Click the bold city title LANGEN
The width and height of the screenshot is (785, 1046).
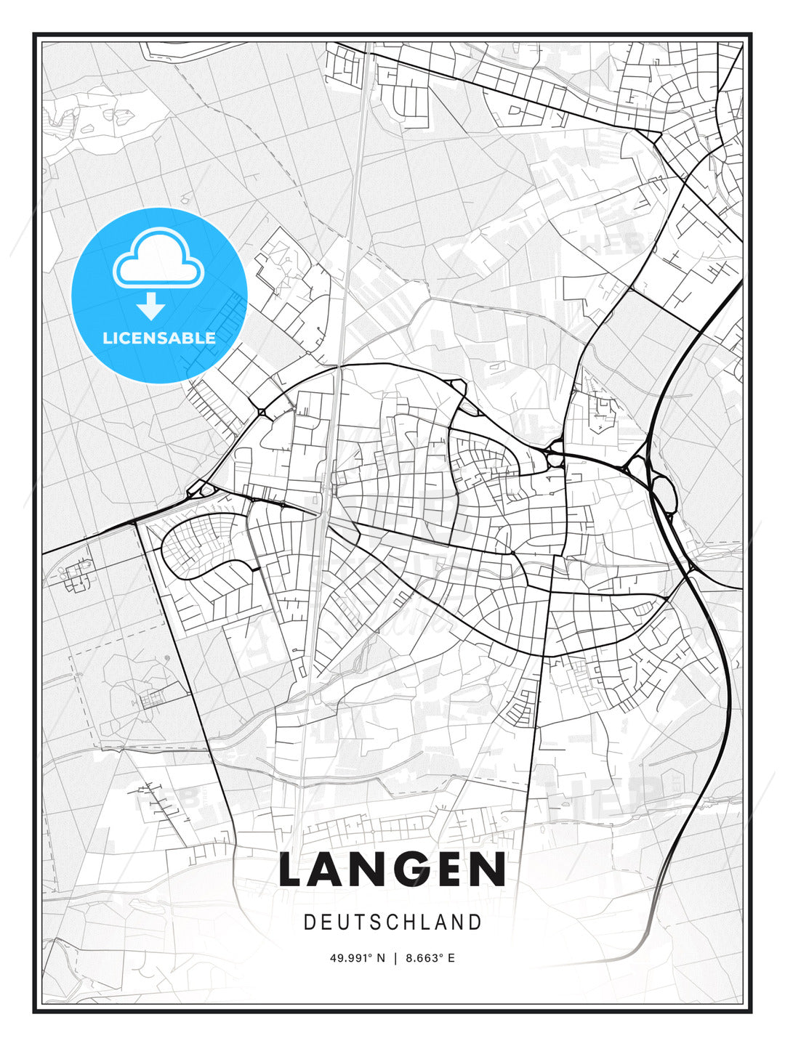coord(392,869)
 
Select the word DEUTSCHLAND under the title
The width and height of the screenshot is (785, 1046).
coord(392,923)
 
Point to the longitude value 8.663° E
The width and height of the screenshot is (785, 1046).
coord(430,958)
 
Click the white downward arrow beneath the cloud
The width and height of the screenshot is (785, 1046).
coord(151,306)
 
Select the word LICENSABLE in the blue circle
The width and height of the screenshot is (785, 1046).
coord(159,338)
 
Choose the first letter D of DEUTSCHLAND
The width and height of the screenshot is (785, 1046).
coord(309,923)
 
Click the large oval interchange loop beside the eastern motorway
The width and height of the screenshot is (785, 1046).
coord(665,493)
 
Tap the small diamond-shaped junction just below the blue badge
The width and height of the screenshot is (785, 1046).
coord(262,413)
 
